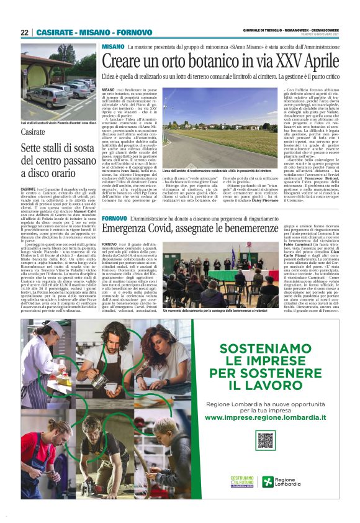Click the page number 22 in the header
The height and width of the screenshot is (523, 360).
point(24,32)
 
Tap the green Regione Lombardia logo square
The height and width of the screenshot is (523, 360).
point(267,483)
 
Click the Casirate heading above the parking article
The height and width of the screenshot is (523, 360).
point(33,132)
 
